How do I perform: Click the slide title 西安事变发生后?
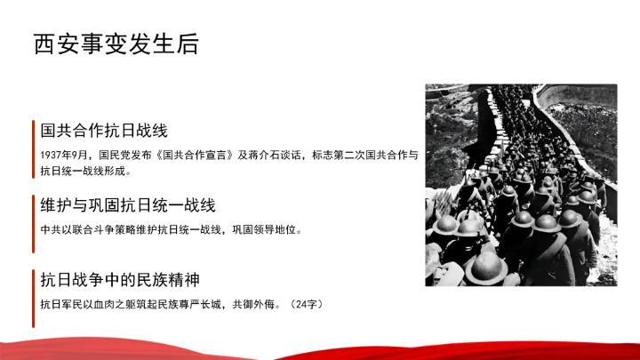click(116, 44)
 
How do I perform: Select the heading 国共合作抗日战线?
click(104, 130)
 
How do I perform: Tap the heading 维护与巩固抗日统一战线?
click(128, 205)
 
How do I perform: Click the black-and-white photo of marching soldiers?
click(521, 184)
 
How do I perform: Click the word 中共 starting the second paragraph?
click(50, 229)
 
